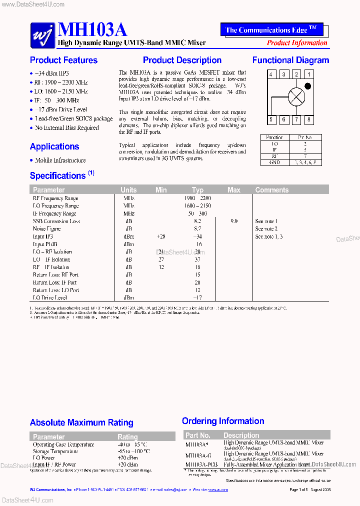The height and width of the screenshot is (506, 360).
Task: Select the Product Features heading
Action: coord(63,60)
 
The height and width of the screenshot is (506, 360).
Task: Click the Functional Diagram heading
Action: coord(290,60)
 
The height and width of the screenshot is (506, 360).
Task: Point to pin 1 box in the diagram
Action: coord(309,74)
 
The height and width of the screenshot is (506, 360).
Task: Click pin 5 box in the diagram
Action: coord(271,119)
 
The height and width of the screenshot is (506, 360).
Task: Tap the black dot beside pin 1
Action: coord(307,86)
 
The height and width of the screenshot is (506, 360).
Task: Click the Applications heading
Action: coord(54,146)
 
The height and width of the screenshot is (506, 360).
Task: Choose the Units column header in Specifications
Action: coord(128,190)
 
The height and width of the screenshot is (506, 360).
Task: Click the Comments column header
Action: coord(271,190)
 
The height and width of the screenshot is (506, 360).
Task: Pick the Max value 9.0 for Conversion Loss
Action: coord(233,221)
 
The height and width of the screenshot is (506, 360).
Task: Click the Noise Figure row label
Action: coord(47,229)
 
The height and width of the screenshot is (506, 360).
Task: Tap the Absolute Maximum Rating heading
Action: coord(81,423)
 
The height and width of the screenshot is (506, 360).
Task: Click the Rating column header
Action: coord(127,436)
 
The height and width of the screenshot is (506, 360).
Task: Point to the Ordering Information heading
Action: coord(223,421)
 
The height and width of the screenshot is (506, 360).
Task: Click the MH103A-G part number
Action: coord(198,455)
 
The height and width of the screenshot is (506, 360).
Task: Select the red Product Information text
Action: coord(297,43)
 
